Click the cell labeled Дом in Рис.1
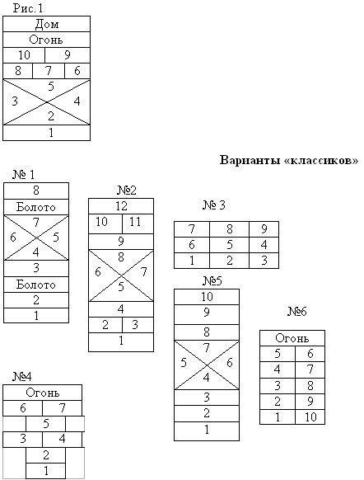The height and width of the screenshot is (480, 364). click(x=46, y=24)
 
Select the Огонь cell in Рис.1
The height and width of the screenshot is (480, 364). click(x=46, y=40)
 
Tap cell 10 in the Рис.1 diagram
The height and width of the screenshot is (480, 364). click(x=24, y=55)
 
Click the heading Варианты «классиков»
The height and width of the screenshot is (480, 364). click(x=288, y=160)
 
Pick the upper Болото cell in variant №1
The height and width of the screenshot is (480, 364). click(x=36, y=207)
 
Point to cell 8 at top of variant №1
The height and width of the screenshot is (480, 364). click(x=36, y=191)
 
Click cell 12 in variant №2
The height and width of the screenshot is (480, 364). click(x=121, y=206)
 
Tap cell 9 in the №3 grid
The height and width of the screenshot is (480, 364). click(x=264, y=229)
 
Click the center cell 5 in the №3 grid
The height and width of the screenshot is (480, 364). click(x=229, y=245)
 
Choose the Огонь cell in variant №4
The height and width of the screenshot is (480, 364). click(x=43, y=393)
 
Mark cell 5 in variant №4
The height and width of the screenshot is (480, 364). click(x=46, y=424)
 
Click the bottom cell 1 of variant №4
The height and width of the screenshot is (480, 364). click(x=46, y=471)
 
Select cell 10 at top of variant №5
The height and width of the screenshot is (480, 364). click(x=207, y=297)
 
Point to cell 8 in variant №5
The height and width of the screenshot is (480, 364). click(x=207, y=332)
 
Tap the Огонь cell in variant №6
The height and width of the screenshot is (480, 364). click(x=292, y=338)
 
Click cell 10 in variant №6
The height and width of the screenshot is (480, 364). click(x=310, y=417)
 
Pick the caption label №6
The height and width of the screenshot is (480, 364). click(x=297, y=312)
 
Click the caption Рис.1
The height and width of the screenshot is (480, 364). click(x=28, y=8)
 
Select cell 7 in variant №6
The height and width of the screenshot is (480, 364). click(x=310, y=369)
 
